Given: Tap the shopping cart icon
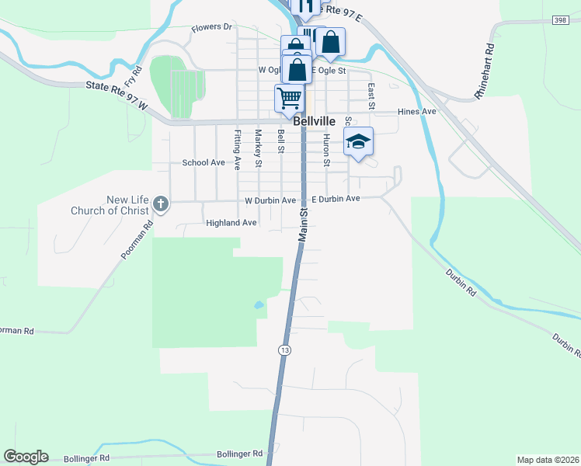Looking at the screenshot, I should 289,99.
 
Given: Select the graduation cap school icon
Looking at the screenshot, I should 358,142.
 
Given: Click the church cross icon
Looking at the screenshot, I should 161,204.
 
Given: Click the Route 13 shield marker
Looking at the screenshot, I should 285,349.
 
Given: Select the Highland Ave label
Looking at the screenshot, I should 231,223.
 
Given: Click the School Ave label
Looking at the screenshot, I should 204,163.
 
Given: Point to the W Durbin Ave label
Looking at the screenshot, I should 270,200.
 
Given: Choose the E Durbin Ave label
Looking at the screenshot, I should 336,200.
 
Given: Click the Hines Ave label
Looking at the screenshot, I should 417,112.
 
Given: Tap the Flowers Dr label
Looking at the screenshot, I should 212,27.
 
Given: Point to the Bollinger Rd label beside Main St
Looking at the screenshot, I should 240,454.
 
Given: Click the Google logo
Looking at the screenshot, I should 26,457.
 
